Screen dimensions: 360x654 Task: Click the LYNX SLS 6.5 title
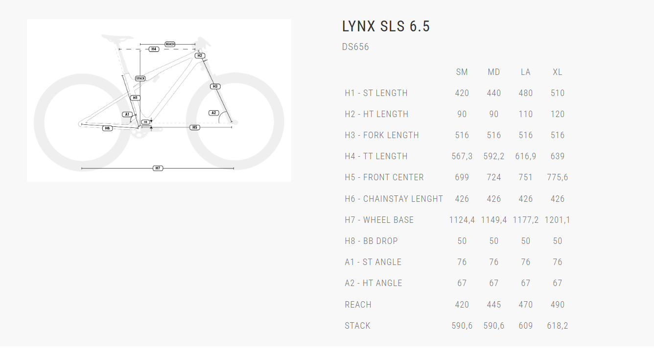[386, 26]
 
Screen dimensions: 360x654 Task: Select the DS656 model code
[355, 47]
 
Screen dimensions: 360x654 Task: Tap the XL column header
[558, 72]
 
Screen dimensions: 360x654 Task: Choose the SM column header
[462, 72]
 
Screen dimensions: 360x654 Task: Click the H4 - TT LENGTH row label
[376, 156]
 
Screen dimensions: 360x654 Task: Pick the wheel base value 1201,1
[558, 220]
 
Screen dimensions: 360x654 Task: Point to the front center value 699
[462, 177]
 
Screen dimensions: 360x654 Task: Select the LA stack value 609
[526, 326]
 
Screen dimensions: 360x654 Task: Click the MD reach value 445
[494, 305]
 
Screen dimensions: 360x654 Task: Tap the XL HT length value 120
[558, 114]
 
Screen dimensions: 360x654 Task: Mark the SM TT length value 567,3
[462, 156]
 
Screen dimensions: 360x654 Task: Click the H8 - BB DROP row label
[371, 241]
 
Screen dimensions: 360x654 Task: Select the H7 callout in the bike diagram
[158, 168]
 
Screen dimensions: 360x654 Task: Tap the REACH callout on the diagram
[170, 44]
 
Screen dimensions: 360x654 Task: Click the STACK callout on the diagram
[140, 78]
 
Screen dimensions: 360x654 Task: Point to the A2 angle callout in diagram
[213, 113]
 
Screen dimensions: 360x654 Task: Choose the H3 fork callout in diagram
[215, 86]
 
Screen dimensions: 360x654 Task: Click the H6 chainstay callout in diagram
[107, 128]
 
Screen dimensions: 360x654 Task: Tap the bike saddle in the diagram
[117, 37]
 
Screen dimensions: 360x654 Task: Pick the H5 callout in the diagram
[195, 127]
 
